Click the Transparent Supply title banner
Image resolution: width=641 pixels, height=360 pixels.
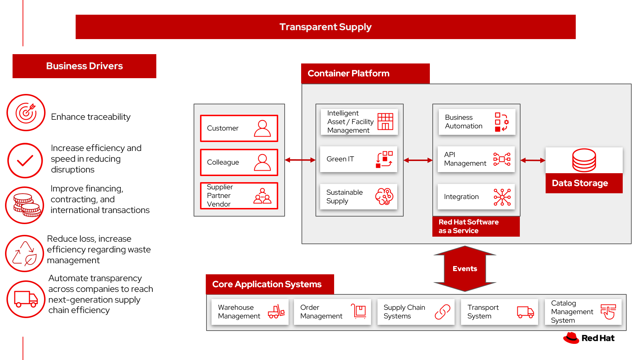pos(325,27)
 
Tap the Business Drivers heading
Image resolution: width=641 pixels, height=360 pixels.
pos(84,66)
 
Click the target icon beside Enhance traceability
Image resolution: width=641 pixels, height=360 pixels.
pos(26,113)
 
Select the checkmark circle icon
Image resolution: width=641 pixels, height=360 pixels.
pos(25,160)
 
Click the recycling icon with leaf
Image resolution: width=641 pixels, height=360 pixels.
pos(24,253)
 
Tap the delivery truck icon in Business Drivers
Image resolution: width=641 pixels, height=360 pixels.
pos(26,299)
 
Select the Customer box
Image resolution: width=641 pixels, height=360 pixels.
pos(239,128)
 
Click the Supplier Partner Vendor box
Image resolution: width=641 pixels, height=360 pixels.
pos(239,196)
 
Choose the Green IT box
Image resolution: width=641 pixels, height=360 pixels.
pos(359,159)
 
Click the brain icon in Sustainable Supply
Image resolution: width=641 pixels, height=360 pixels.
pos(384,196)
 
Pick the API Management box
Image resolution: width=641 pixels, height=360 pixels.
pos(476,159)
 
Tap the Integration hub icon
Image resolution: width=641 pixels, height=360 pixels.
pos(502,197)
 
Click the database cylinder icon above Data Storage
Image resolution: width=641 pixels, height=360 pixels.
pos(584,160)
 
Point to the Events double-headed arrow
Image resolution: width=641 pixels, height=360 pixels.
pos(465,269)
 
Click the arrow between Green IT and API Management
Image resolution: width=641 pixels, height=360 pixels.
pos(418,160)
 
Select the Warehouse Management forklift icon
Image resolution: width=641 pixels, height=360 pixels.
pos(276,312)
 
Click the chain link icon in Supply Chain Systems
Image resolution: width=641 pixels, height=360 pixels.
pos(442,312)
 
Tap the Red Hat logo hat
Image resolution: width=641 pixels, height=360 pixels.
pos(571,338)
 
